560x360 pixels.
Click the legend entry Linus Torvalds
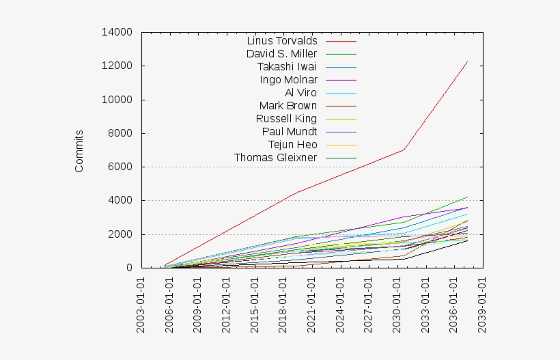pos(281,40)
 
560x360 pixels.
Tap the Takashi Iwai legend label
pos(287,66)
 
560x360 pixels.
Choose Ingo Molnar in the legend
pos(288,79)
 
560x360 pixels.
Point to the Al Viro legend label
pos(300,92)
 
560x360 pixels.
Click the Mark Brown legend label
pos(288,105)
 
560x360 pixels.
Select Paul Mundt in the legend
pos(290,131)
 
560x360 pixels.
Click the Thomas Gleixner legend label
pos(275,158)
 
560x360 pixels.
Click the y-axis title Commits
pos(79,150)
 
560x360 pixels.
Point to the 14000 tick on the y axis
pos(117,32)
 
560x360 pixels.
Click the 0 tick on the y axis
pos(128,268)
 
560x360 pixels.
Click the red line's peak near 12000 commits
pos(467,61)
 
